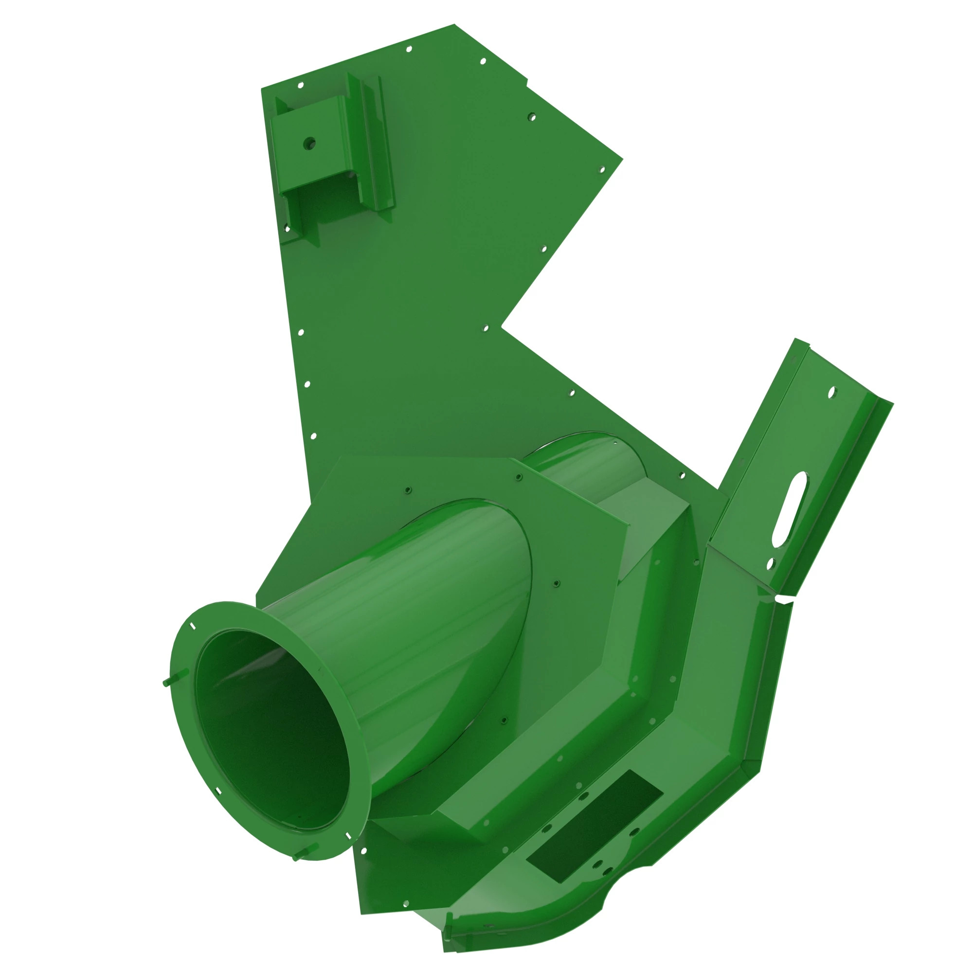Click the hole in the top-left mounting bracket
click(309, 144)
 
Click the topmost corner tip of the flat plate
click(454, 25)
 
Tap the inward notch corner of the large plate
click(502, 326)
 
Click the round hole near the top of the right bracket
click(831, 391)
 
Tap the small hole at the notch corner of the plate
click(486, 328)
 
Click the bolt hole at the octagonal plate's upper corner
click(519, 476)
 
